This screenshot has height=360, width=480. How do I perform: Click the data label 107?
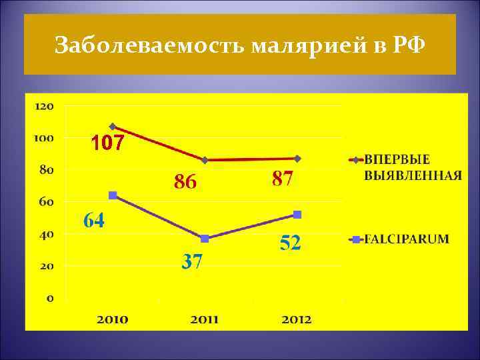(x=107, y=143)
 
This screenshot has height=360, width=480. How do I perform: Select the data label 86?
(x=185, y=181)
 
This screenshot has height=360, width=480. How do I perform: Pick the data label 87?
(x=283, y=179)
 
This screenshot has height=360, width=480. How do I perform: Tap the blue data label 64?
(x=94, y=221)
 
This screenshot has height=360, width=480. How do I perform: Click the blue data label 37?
(x=193, y=261)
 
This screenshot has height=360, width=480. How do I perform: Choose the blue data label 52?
(x=290, y=243)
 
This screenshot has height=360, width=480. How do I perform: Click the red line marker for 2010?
(x=113, y=126)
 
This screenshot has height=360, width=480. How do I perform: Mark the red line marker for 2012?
(x=297, y=159)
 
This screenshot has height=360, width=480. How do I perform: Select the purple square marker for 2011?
(x=205, y=239)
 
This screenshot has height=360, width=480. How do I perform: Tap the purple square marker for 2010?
(x=113, y=195)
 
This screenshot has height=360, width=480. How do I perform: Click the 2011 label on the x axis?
(x=205, y=319)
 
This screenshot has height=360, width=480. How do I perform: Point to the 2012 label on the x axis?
(x=297, y=319)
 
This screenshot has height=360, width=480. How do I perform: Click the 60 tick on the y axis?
(x=48, y=201)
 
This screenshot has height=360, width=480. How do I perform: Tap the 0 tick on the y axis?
(x=51, y=298)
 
